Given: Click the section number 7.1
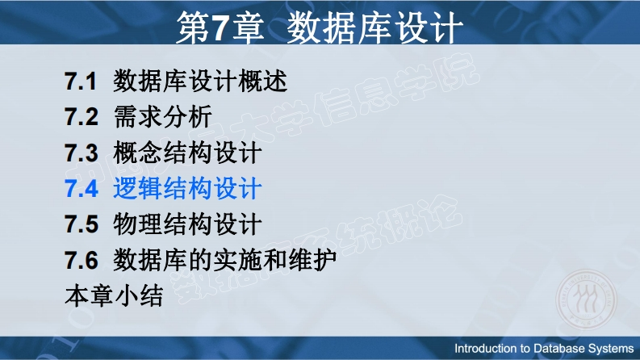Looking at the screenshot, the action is (x=81, y=81).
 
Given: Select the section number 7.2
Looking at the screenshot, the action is (x=82, y=117).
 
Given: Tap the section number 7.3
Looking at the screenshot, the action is (x=82, y=153).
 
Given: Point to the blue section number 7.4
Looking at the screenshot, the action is (x=82, y=189).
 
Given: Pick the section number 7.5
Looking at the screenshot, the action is (x=82, y=224).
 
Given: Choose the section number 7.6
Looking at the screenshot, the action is (x=82, y=260).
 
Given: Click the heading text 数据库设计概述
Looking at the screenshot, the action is (x=200, y=81).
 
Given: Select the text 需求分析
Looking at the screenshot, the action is (x=163, y=117).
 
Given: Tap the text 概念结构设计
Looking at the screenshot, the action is (x=187, y=153).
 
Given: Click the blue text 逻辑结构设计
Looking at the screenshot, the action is (x=187, y=189).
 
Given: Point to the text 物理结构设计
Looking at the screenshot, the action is (x=187, y=224).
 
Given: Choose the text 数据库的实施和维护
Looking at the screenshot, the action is (x=225, y=260).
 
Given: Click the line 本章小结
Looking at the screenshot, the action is (x=115, y=296).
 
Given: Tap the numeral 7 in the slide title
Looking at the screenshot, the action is (x=219, y=27).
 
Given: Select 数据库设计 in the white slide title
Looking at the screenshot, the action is (x=374, y=27).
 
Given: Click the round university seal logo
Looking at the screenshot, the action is (x=587, y=299).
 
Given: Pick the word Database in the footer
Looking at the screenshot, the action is (x=558, y=349).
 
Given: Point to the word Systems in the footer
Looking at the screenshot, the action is (x=611, y=349).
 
